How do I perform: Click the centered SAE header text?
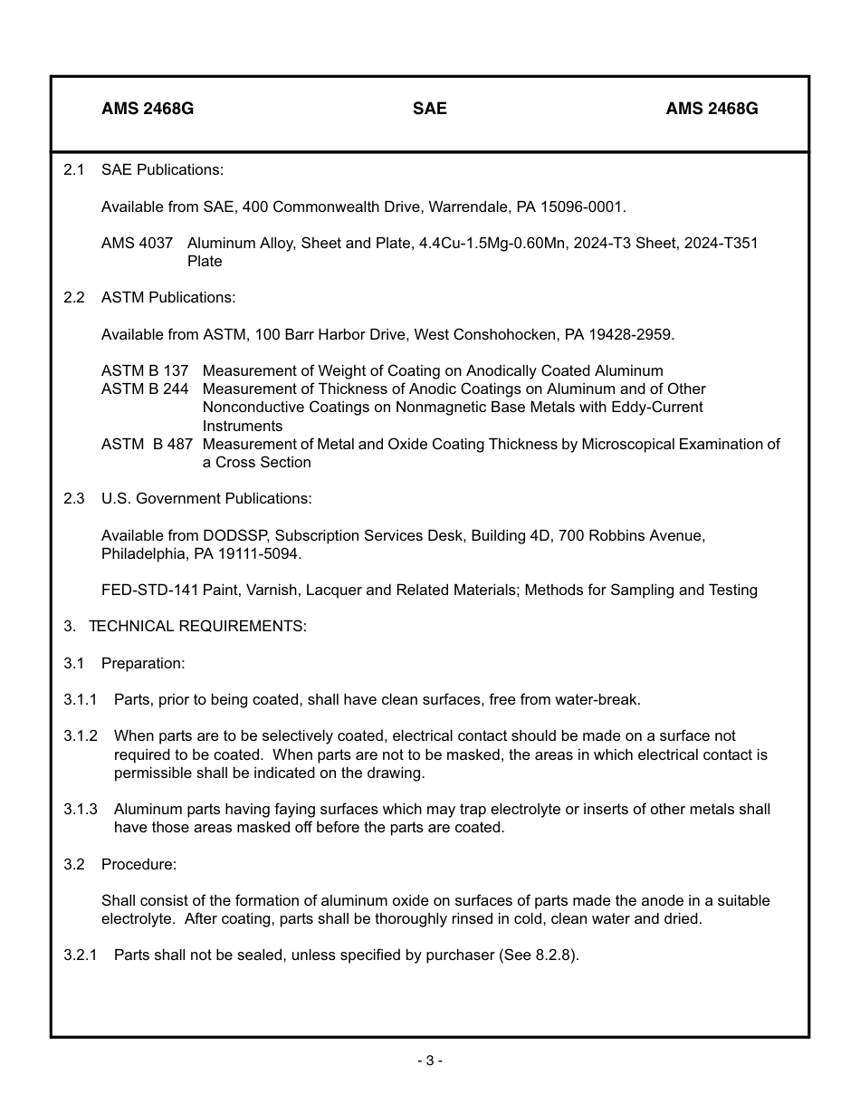click(430, 109)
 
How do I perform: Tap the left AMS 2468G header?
click(148, 109)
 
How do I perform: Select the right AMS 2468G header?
click(712, 109)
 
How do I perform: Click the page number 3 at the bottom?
click(430, 1061)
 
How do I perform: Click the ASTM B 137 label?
click(145, 370)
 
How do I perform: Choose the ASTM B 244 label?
click(145, 389)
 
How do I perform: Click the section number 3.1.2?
click(81, 735)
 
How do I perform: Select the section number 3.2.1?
click(81, 955)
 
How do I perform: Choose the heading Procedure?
click(139, 864)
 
